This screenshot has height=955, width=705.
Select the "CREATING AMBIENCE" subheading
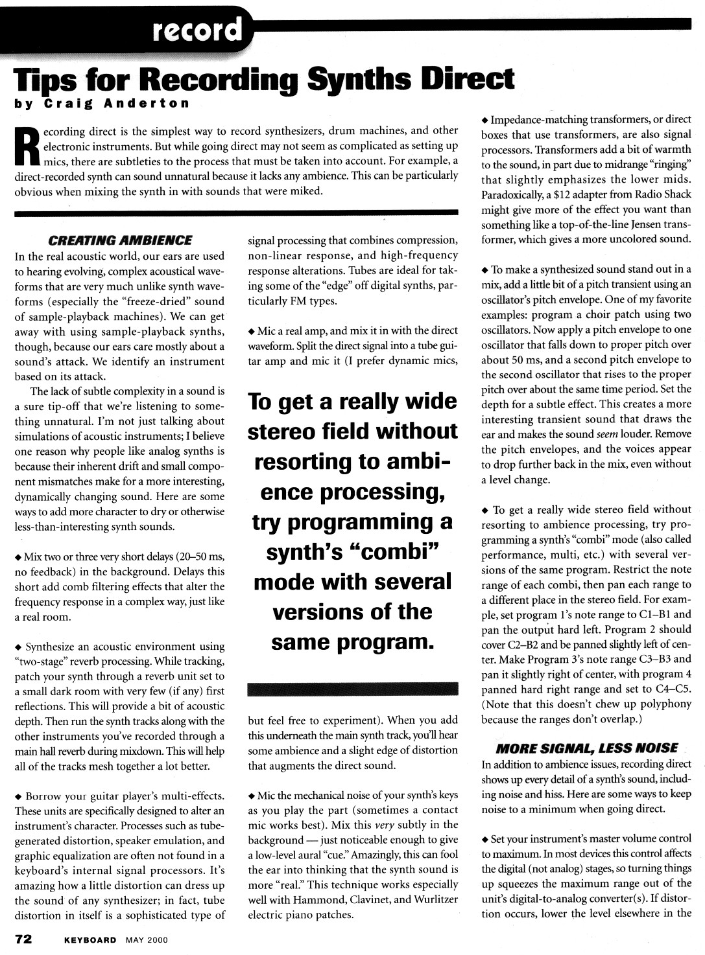point(120,240)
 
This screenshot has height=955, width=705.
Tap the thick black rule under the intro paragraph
point(236,213)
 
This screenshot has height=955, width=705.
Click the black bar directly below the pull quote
point(353,689)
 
